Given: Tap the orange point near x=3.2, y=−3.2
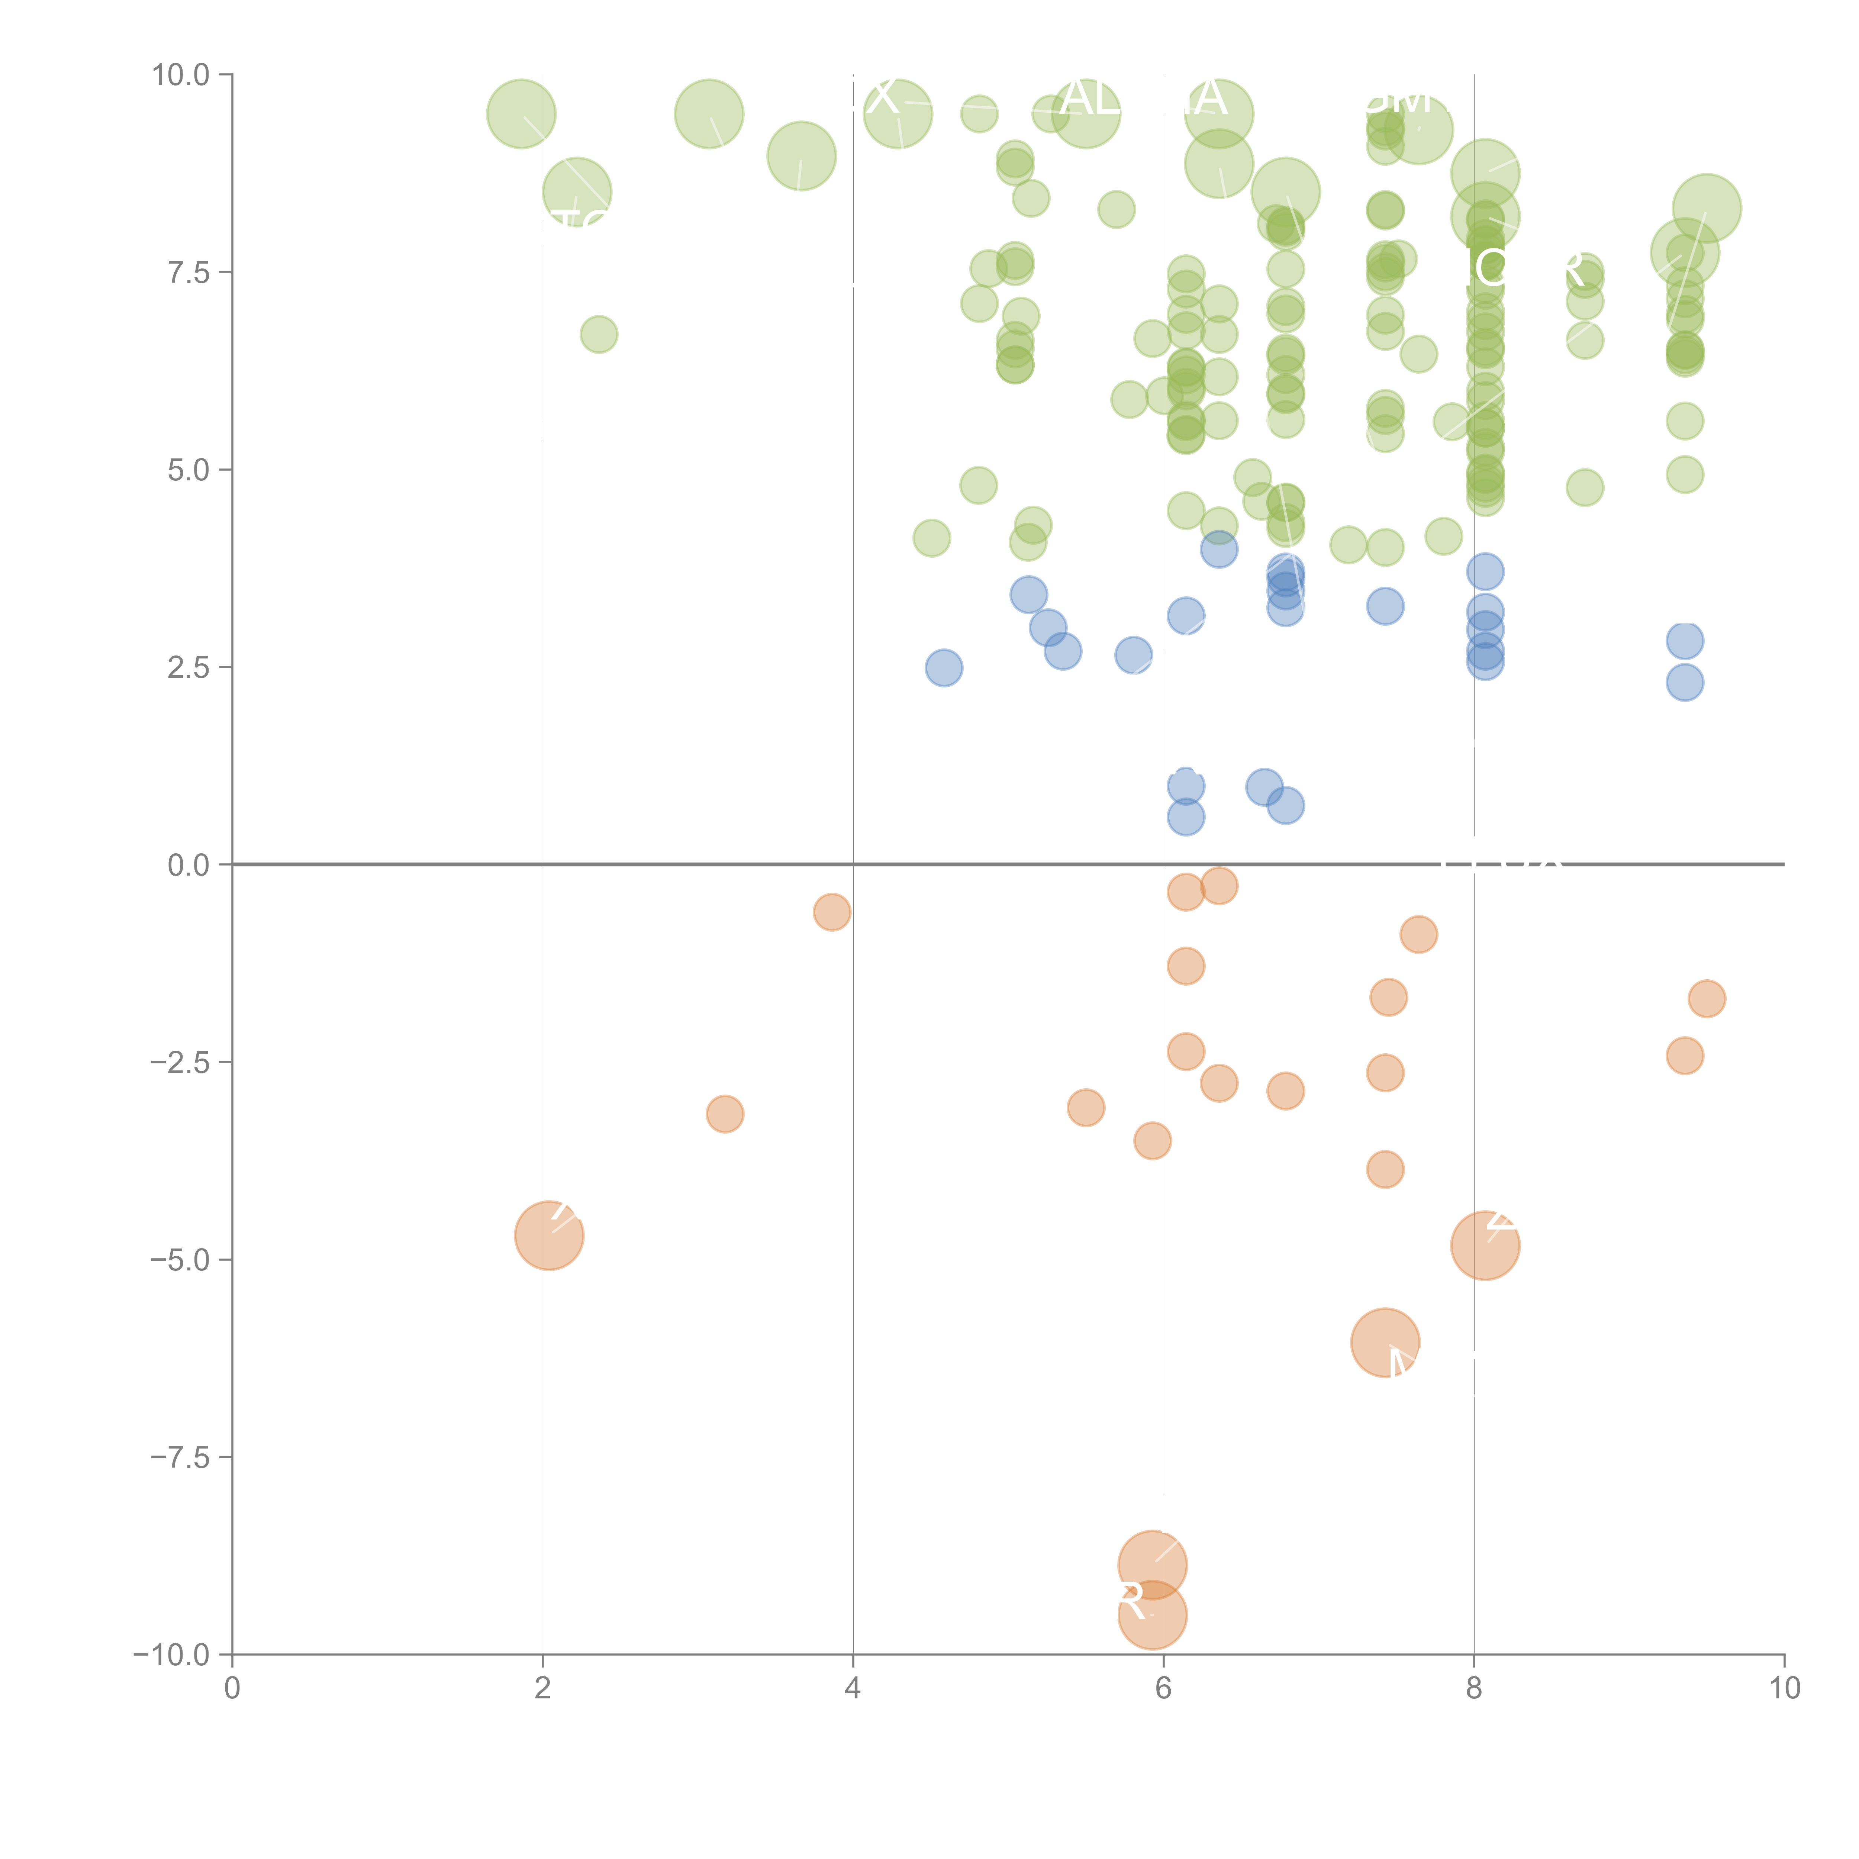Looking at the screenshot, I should tap(725, 1114).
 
